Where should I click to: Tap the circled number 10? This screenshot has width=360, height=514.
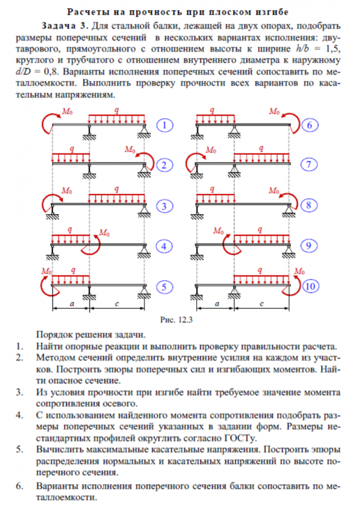(x=309, y=287)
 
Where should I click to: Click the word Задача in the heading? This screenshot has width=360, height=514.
(x=60, y=26)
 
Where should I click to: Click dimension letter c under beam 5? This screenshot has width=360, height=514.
(x=118, y=304)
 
